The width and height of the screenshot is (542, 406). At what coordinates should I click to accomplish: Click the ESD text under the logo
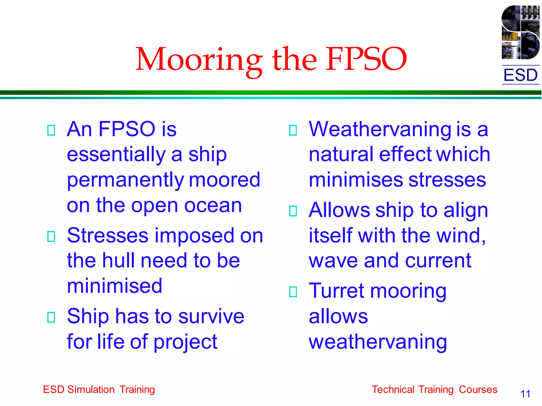coord(520,75)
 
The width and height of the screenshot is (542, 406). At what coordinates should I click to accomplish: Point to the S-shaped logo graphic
coord(520,32)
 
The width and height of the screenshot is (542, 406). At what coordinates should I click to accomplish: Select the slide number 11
coord(525,394)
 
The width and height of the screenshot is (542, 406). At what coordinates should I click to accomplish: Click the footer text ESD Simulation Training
coord(99,390)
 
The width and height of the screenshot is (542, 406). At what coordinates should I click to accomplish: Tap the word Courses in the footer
coord(478,390)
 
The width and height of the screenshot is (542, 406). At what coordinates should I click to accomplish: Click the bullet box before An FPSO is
coord(51,130)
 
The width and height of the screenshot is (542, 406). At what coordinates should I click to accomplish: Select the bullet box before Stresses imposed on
coord(51,236)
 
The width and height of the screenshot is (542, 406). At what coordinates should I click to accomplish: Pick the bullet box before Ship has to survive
coord(51,317)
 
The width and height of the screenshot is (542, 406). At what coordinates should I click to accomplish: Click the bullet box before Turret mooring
coord(293,292)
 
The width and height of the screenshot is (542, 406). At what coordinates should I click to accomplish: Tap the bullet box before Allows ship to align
coord(293,211)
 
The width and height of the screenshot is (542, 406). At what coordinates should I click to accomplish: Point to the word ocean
coord(213,205)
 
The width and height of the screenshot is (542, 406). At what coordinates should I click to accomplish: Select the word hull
coord(119,261)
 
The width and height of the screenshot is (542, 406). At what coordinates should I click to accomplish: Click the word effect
coord(405,154)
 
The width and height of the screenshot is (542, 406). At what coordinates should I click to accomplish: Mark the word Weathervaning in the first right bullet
coord(380,130)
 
